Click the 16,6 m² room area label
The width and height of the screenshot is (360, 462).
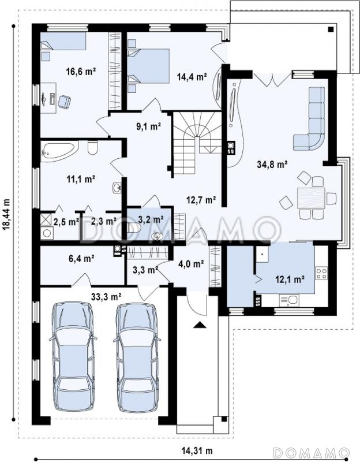(81, 71)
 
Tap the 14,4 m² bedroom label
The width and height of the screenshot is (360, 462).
(192, 77)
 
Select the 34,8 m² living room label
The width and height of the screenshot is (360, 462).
(272, 165)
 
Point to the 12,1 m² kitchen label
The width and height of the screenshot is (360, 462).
(290, 278)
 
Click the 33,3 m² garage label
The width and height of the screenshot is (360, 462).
(106, 297)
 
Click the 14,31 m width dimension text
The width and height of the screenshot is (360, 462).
(197, 450)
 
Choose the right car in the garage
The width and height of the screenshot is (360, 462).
(137, 357)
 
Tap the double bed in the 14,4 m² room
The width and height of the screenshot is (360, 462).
(149, 66)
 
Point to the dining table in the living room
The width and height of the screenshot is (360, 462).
(311, 198)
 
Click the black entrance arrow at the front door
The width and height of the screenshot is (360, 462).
(199, 325)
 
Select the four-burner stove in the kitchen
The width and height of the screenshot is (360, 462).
(321, 273)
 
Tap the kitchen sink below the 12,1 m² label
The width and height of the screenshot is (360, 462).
(289, 300)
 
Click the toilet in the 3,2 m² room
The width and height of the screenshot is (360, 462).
(135, 228)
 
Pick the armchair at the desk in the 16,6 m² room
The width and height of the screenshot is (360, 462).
(65, 102)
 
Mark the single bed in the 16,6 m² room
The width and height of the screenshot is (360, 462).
(63, 41)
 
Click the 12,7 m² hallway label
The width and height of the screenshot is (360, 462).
(201, 200)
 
